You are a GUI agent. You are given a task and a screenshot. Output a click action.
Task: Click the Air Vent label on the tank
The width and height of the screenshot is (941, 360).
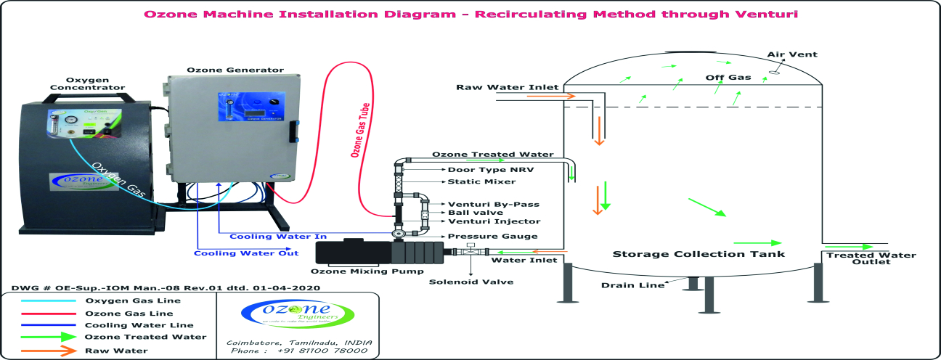(x=792, y=54)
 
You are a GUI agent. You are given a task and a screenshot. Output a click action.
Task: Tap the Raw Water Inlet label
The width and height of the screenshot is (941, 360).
(x=507, y=87)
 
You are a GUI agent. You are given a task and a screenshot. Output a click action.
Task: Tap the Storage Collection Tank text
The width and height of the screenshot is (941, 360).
(x=698, y=254)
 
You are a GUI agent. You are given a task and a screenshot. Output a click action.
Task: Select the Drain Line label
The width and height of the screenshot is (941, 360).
(x=632, y=285)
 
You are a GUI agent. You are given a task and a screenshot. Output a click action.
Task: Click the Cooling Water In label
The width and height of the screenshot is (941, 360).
(x=278, y=237)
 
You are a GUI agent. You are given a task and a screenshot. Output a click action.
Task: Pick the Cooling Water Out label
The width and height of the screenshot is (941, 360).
(x=246, y=253)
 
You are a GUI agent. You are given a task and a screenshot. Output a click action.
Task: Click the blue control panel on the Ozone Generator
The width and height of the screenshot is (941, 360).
(x=250, y=108)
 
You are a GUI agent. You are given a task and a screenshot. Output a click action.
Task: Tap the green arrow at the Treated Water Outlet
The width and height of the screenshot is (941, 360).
(x=858, y=247)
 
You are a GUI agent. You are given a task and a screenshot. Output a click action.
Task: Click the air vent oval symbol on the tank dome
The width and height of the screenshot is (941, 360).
(x=775, y=70)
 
